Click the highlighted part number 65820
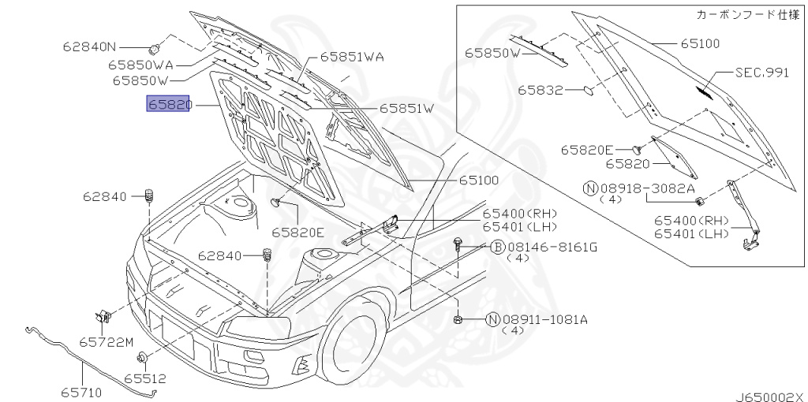[169, 105]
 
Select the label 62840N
[90, 47]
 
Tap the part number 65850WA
[140, 65]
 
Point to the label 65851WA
[352, 57]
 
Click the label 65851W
[407, 109]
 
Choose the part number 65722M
[107, 342]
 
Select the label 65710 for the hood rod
[81, 393]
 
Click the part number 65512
[145, 379]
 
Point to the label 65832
[540, 90]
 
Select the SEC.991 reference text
[761, 73]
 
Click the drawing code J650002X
[771, 396]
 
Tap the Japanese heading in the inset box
[748, 14]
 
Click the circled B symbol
[497, 248]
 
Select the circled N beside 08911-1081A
[492, 320]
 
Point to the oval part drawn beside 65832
[589, 91]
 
